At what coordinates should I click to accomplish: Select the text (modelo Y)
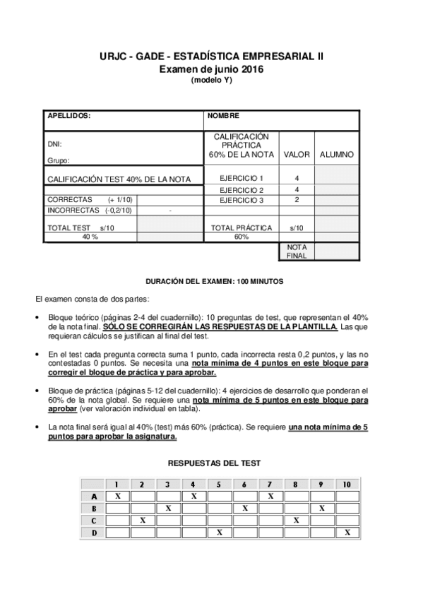[211, 80]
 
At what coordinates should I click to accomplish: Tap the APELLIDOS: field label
[68, 116]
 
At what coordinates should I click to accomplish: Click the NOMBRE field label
[225, 116]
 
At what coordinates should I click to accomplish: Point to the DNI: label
[54, 143]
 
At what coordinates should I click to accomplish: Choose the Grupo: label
[59, 161]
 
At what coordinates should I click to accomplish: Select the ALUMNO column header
[337, 154]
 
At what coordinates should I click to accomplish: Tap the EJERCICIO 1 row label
[241, 178]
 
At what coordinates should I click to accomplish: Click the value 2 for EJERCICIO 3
[297, 200]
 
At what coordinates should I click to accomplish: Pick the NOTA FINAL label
[297, 251]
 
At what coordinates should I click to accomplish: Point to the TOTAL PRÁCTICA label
[242, 228]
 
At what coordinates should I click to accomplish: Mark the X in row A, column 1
[117, 497]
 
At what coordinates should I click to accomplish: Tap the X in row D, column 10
[347, 531]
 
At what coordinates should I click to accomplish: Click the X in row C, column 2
[143, 520]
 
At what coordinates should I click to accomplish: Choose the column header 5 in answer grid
[219, 485]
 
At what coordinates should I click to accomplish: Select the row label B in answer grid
[93, 508]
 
